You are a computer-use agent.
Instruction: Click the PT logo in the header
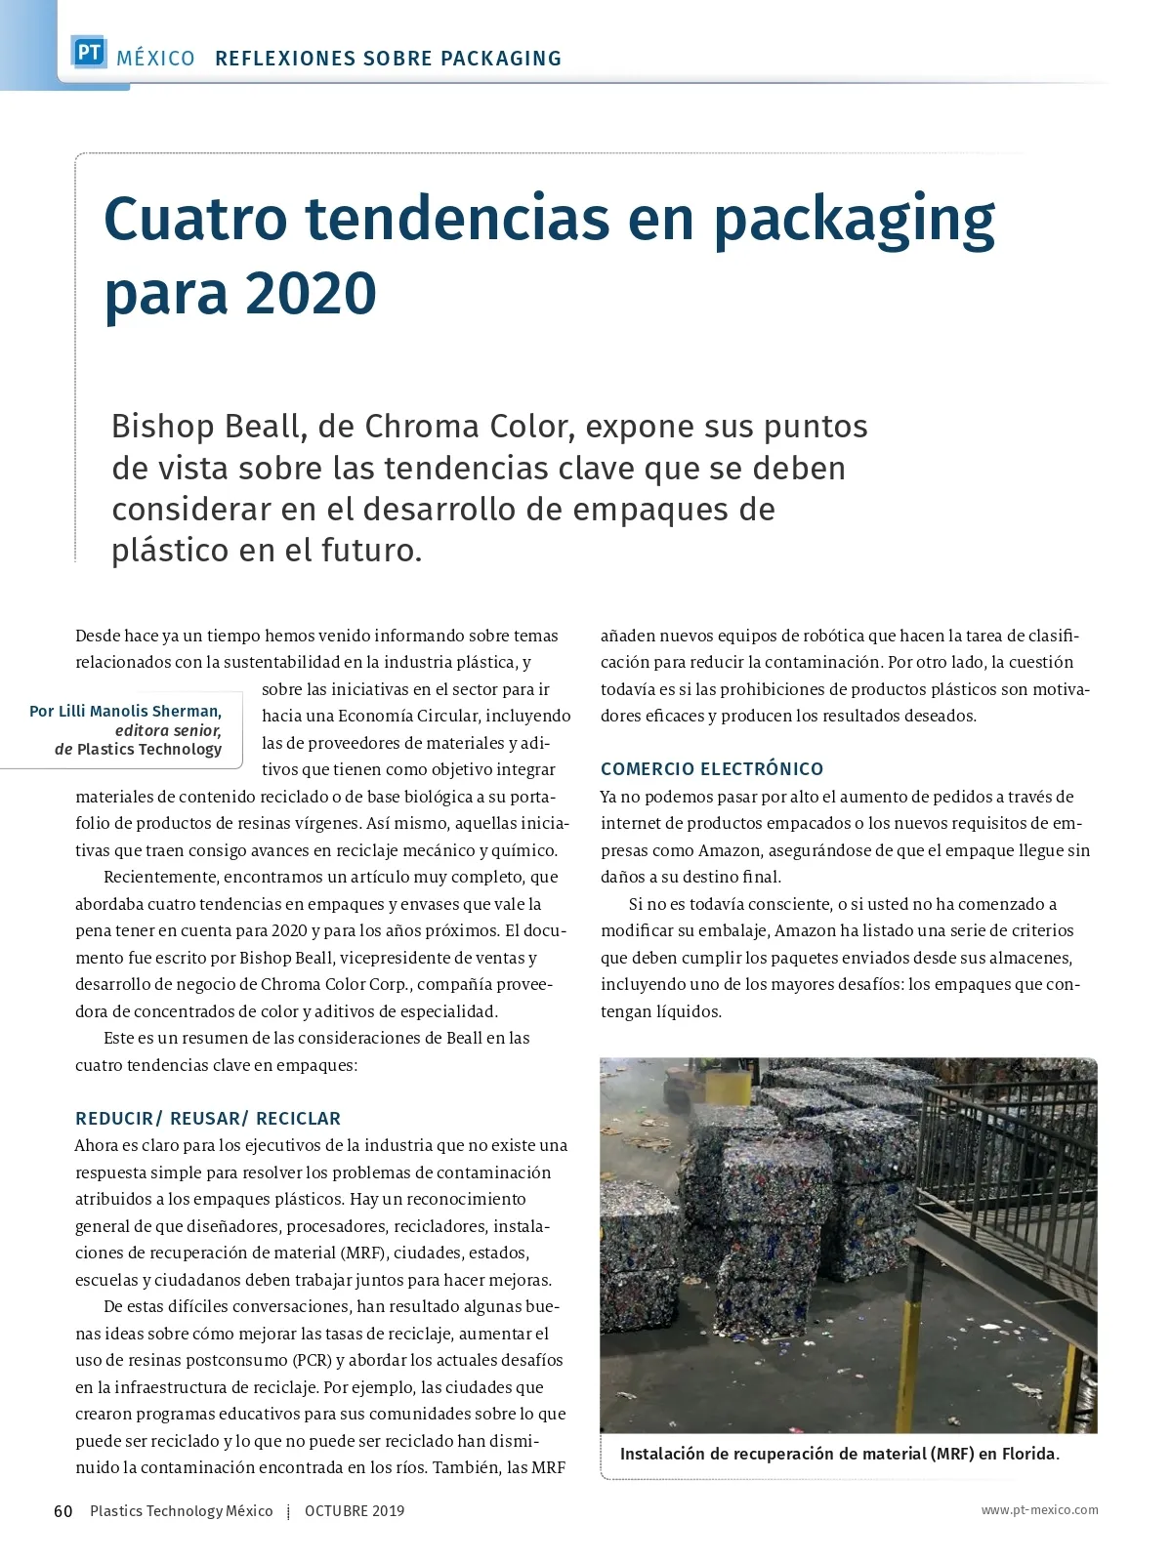[89, 53]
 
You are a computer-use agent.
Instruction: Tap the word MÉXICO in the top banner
[155, 59]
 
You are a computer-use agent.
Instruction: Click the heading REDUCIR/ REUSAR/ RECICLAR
[208, 1119]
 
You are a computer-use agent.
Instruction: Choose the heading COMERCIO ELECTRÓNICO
[712, 769]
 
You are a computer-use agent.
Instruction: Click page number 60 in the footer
[63, 1511]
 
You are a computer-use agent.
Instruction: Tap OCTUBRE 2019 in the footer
[355, 1511]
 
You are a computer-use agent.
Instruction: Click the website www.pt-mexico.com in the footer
[1039, 1510]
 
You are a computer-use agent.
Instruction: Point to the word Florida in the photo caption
[1029, 1454]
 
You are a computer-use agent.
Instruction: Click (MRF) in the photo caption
[951, 1454]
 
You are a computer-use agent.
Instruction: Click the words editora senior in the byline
[168, 730]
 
